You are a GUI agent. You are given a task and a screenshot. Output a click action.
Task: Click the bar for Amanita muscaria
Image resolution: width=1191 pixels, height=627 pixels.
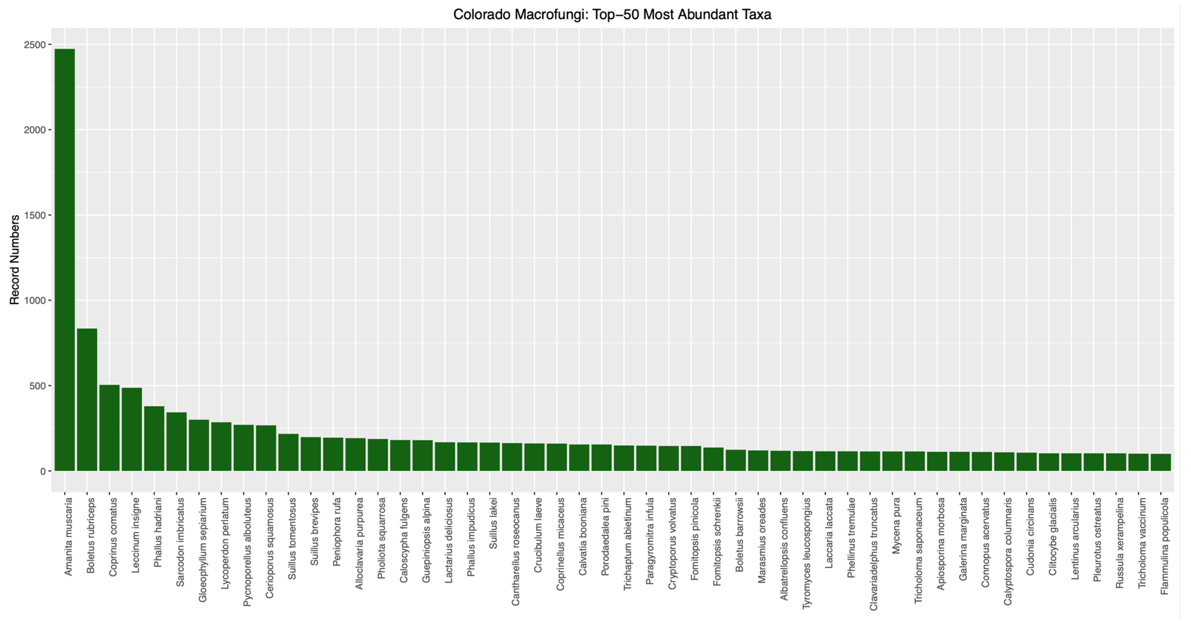(65, 259)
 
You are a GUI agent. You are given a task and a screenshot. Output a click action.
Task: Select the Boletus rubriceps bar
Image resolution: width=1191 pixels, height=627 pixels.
(87, 400)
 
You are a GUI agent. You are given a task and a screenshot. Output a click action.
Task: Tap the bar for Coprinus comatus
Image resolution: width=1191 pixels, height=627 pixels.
(109, 428)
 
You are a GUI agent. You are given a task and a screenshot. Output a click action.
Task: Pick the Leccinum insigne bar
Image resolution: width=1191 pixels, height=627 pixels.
(132, 429)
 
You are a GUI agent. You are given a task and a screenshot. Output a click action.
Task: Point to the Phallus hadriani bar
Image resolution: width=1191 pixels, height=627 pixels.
(154, 438)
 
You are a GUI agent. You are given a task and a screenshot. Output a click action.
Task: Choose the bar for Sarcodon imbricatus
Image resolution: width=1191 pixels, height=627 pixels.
(177, 442)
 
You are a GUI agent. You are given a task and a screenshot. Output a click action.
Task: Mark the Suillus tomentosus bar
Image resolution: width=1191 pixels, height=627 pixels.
(288, 452)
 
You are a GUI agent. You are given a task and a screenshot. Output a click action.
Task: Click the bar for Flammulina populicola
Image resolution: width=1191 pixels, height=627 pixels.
(1161, 462)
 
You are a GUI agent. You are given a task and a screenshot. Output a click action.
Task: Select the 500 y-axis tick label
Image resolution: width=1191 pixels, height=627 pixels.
(38, 386)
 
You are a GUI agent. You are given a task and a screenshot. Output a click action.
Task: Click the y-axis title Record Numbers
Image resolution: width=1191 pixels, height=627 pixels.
(15, 259)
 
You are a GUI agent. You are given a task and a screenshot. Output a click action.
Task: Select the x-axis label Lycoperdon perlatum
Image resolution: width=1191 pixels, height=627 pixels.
(225, 543)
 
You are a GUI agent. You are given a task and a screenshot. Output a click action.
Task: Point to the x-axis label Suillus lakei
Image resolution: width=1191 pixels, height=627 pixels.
(493, 524)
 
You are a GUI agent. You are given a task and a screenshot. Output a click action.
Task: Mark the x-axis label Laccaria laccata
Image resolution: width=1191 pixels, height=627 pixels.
(829, 533)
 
